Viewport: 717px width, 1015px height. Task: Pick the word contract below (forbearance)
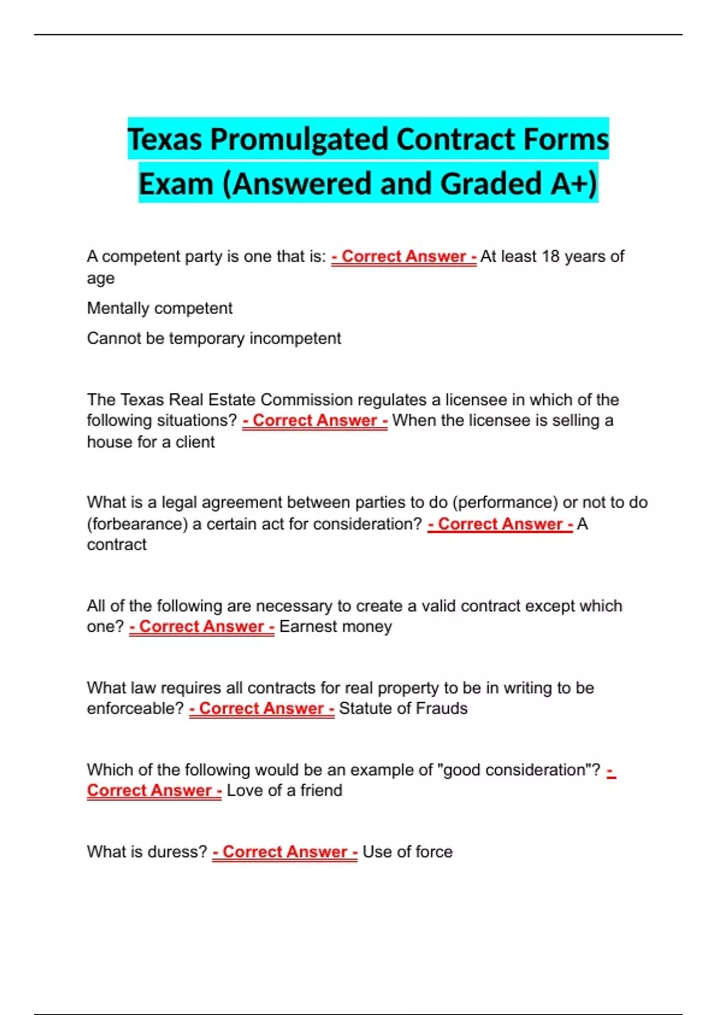[x=117, y=545]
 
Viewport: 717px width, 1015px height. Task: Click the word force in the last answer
[x=434, y=852]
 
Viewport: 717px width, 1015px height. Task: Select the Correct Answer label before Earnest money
[x=202, y=627]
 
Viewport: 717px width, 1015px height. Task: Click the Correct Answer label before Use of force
[x=285, y=852]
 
